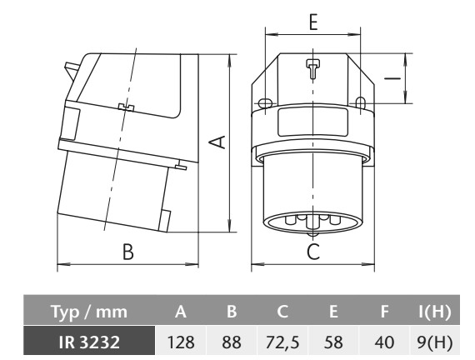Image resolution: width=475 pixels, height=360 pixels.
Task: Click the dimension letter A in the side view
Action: pos(218,142)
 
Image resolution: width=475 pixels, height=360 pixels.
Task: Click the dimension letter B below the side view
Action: pos(128,252)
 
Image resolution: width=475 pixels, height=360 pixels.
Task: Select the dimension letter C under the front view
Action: pos(313,252)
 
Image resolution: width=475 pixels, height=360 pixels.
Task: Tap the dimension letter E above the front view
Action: pos(313,22)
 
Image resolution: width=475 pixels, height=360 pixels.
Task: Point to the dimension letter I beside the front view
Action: pos(392,78)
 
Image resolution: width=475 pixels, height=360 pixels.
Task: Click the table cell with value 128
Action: pos(181,342)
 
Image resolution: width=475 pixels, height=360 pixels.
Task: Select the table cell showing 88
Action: pos(232,342)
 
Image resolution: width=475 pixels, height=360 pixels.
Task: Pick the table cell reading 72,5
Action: pos(282,342)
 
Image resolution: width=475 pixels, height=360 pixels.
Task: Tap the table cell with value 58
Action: pos(333,342)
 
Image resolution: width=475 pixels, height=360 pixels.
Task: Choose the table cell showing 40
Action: pos(384,342)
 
